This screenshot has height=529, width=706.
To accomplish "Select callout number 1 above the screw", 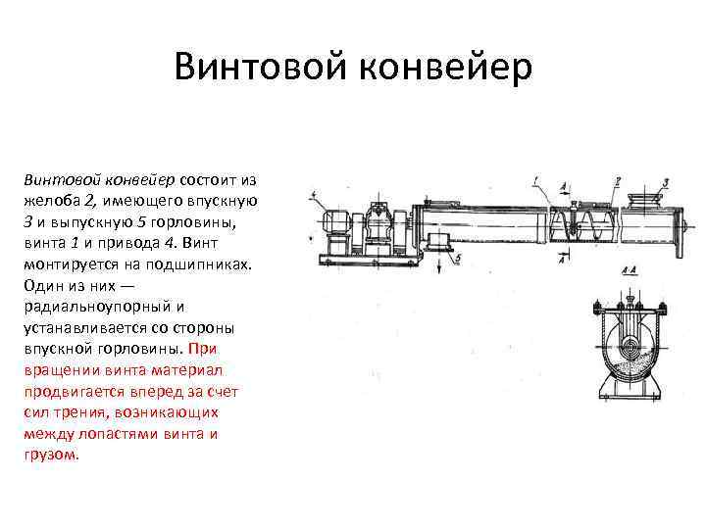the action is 534,180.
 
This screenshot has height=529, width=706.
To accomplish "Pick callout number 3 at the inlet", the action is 664,181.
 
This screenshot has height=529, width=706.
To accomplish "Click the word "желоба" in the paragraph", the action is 49,200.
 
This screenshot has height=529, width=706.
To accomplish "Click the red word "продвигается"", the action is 68,391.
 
